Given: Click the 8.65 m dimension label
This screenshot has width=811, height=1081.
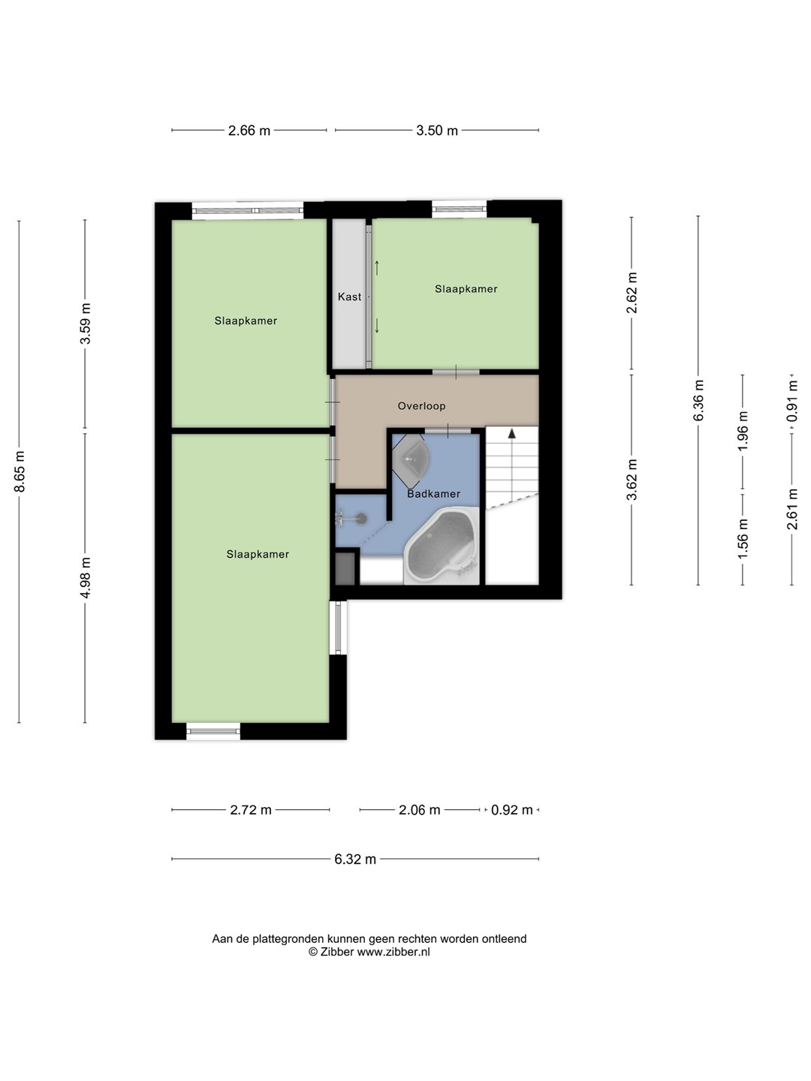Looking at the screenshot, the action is pyautogui.click(x=20, y=471).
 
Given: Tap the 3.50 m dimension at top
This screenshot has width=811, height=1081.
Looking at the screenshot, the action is pyautogui.click(x=437, y=131).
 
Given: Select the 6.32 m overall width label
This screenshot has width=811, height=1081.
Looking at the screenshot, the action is pyautogui.click(x=355, y=860).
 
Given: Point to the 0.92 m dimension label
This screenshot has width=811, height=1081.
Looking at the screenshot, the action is pyautogui.click(x=511, y=810).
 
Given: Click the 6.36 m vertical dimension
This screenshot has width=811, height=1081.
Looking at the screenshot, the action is pyautogui.click(x=698, y=400).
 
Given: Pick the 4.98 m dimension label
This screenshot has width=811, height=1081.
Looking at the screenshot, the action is pyautogui.click(x=85, y=577).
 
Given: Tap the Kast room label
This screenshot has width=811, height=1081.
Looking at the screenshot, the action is pyautogui.click(x=349, y=297).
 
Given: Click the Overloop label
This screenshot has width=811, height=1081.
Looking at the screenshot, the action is pyautogui.click(x=421, y=406).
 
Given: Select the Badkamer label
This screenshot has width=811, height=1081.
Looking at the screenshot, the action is pyautogui.click(x=433, y=493).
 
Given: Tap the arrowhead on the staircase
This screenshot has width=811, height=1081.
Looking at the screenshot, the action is pyautogui.click(x=512, y=433).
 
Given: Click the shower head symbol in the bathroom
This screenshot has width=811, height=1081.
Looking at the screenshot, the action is pyautogui.click(x=351, y=517).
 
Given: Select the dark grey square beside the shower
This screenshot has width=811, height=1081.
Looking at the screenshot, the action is pyautogui.click(x=345, y=568).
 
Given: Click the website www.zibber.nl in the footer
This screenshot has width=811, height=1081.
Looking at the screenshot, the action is pyautogui.click(x=393, y=952).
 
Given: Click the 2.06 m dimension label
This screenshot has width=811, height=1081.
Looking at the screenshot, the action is pyautogui.click(x=419, y=810).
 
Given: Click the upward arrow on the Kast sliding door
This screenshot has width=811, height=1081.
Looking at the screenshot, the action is pyautogui.click(x=377, y=268).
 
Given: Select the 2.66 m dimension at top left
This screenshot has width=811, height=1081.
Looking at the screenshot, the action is pyautogui.click(x=249, y=131).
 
